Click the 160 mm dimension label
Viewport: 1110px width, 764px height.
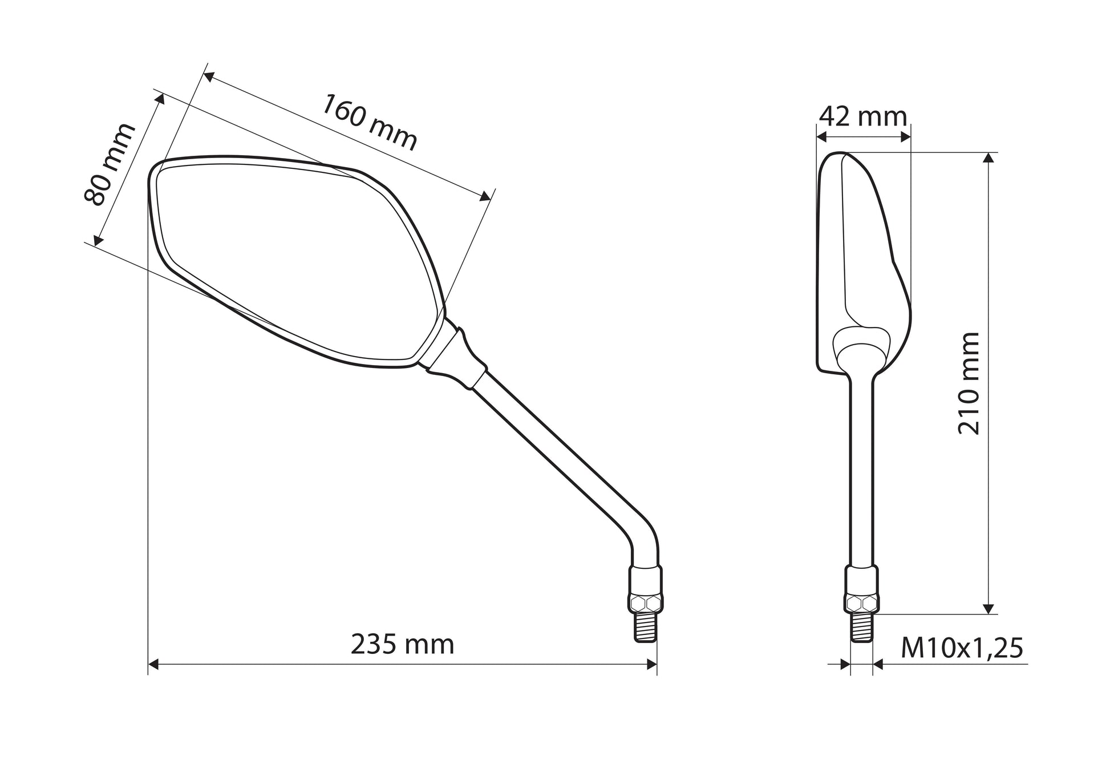pyautogui.click(x=370, y=122)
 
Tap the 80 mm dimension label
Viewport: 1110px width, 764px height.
pyautogui.click(x=110, y=163)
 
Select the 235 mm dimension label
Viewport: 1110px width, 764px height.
pyautogui.click(x=402, y=644)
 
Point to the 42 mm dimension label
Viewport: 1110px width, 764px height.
pyautogui.click(x=862, y=116)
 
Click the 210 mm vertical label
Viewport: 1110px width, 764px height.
pyautogui.click(x=968, y=383)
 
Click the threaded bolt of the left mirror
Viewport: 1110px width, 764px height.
pyautogui.click(x=646, y=628)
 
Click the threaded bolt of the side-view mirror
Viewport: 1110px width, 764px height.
pyautogui.click(x=862, y=628)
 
